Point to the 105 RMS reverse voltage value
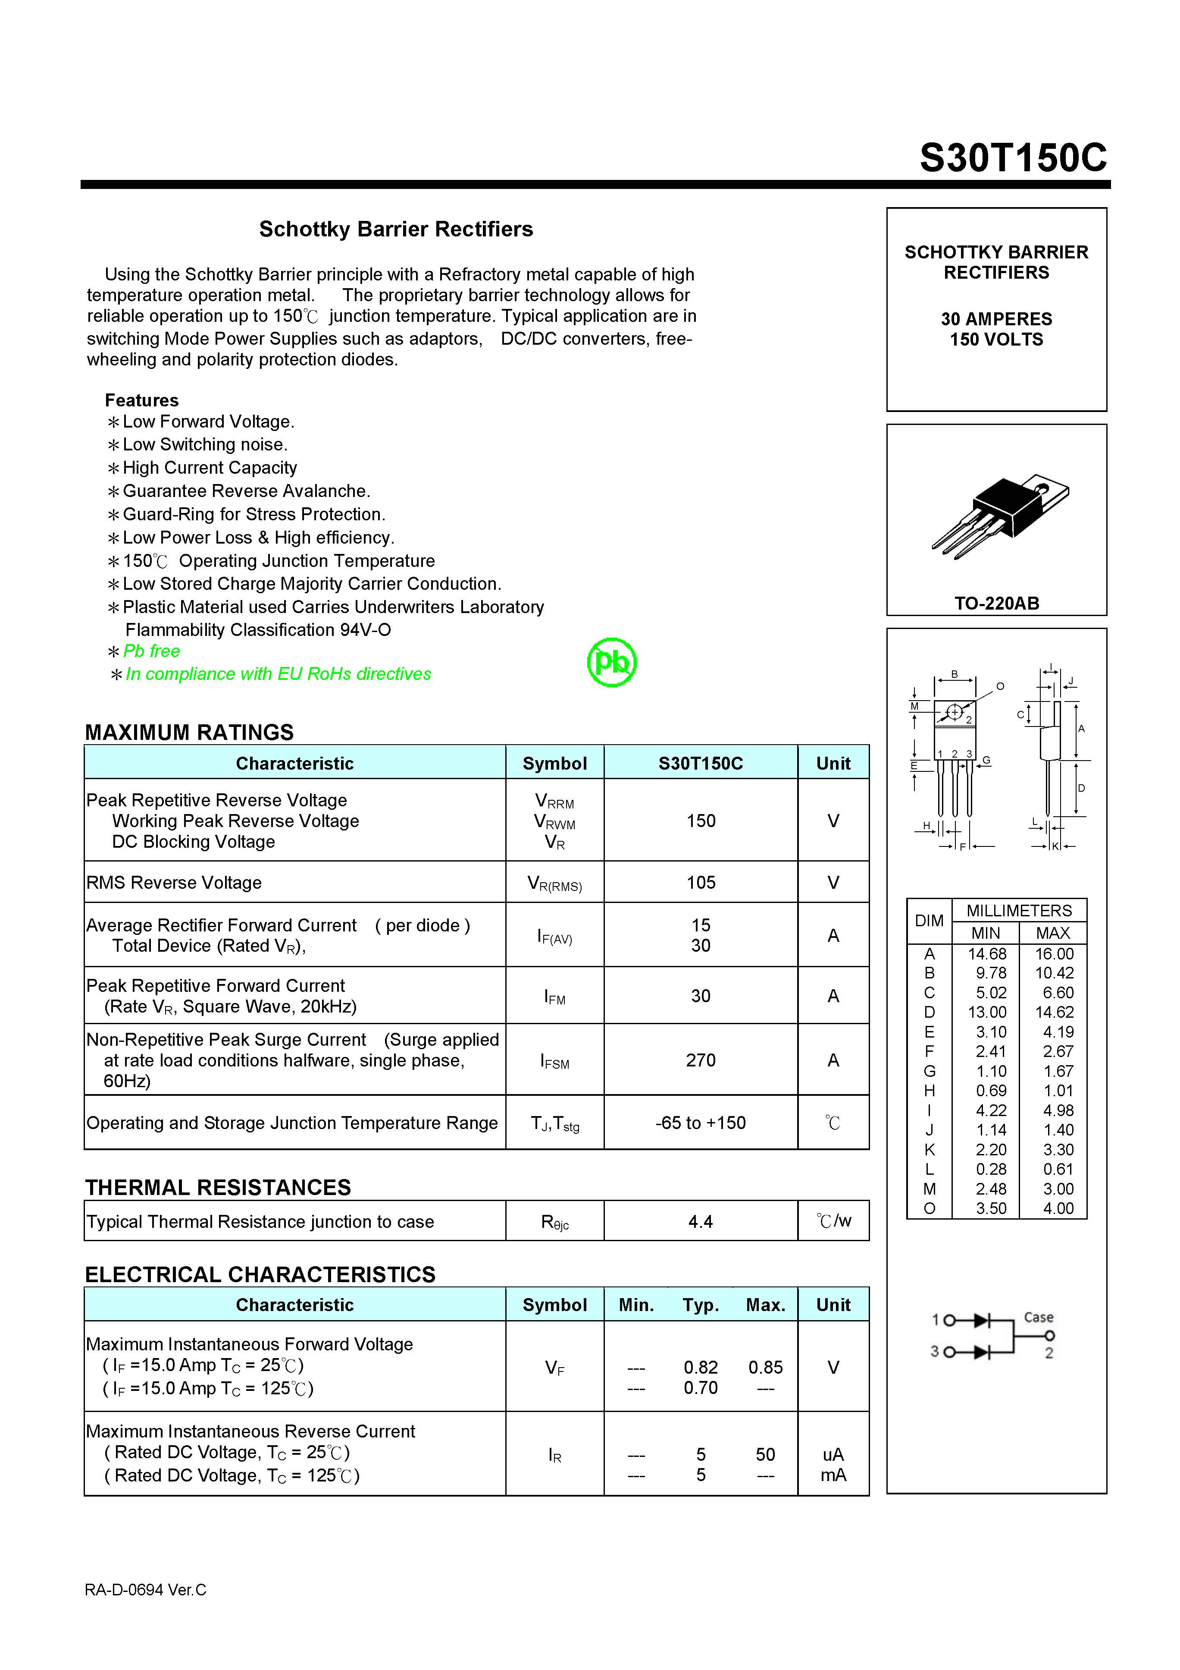coord(700,882)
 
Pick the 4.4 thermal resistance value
coord(700,1221)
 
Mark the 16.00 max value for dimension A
coord(1054,953)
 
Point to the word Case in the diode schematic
coord(1038,1317)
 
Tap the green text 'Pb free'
coord(151,651)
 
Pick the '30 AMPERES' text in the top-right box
coord(996,318)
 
